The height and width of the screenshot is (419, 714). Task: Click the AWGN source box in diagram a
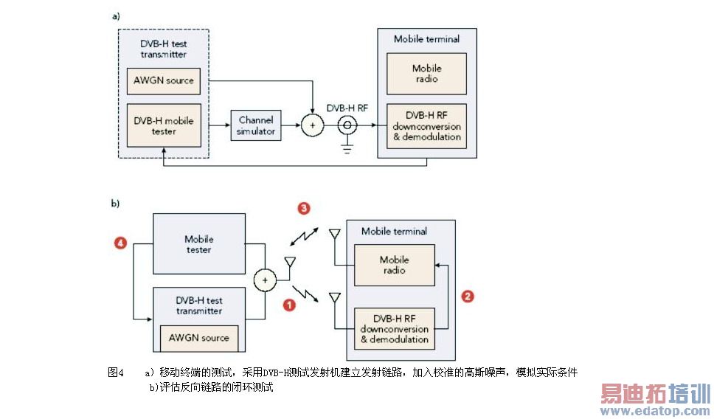163,80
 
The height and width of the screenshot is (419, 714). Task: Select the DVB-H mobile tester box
163,126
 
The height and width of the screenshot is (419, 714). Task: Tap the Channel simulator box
255,126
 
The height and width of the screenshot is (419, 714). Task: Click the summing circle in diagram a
313,126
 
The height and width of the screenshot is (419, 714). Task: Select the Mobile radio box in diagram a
426,74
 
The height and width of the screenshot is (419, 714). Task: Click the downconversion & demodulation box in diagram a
426,126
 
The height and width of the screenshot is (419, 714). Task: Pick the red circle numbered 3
302,209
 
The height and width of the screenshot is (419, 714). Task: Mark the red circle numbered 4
121,241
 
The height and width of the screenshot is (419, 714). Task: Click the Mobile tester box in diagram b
198,244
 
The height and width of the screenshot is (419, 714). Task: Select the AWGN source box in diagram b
199,338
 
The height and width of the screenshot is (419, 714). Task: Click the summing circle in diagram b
264,281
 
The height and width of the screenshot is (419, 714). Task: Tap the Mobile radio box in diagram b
394,265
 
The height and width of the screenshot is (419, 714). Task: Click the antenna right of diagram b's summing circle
289,263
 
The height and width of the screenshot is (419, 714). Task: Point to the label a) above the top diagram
116,15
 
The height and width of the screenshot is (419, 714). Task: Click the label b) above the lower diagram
116,204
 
